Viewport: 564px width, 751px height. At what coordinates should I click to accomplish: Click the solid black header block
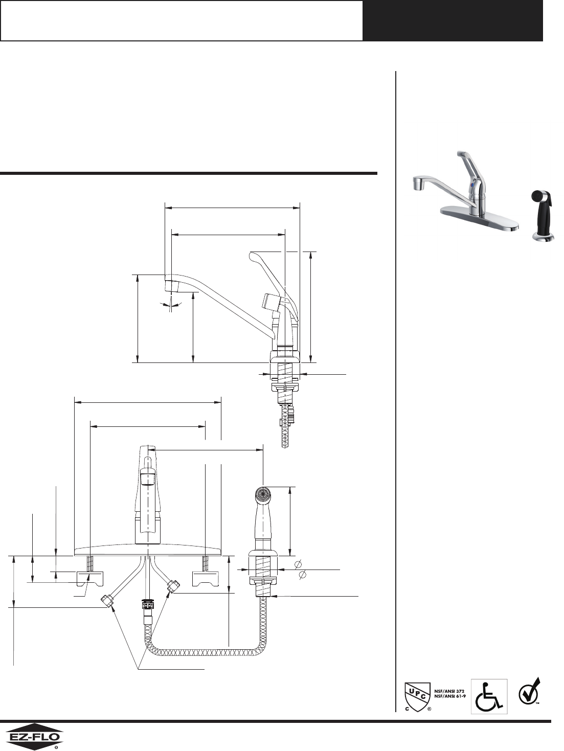pyautogui.click(x=453, y=20)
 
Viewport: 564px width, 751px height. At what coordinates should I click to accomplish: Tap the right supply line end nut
pyautogui.click(x=174, y=586)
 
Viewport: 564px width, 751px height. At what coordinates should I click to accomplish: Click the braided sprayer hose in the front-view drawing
pyautogui.click(x=205, y=652)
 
